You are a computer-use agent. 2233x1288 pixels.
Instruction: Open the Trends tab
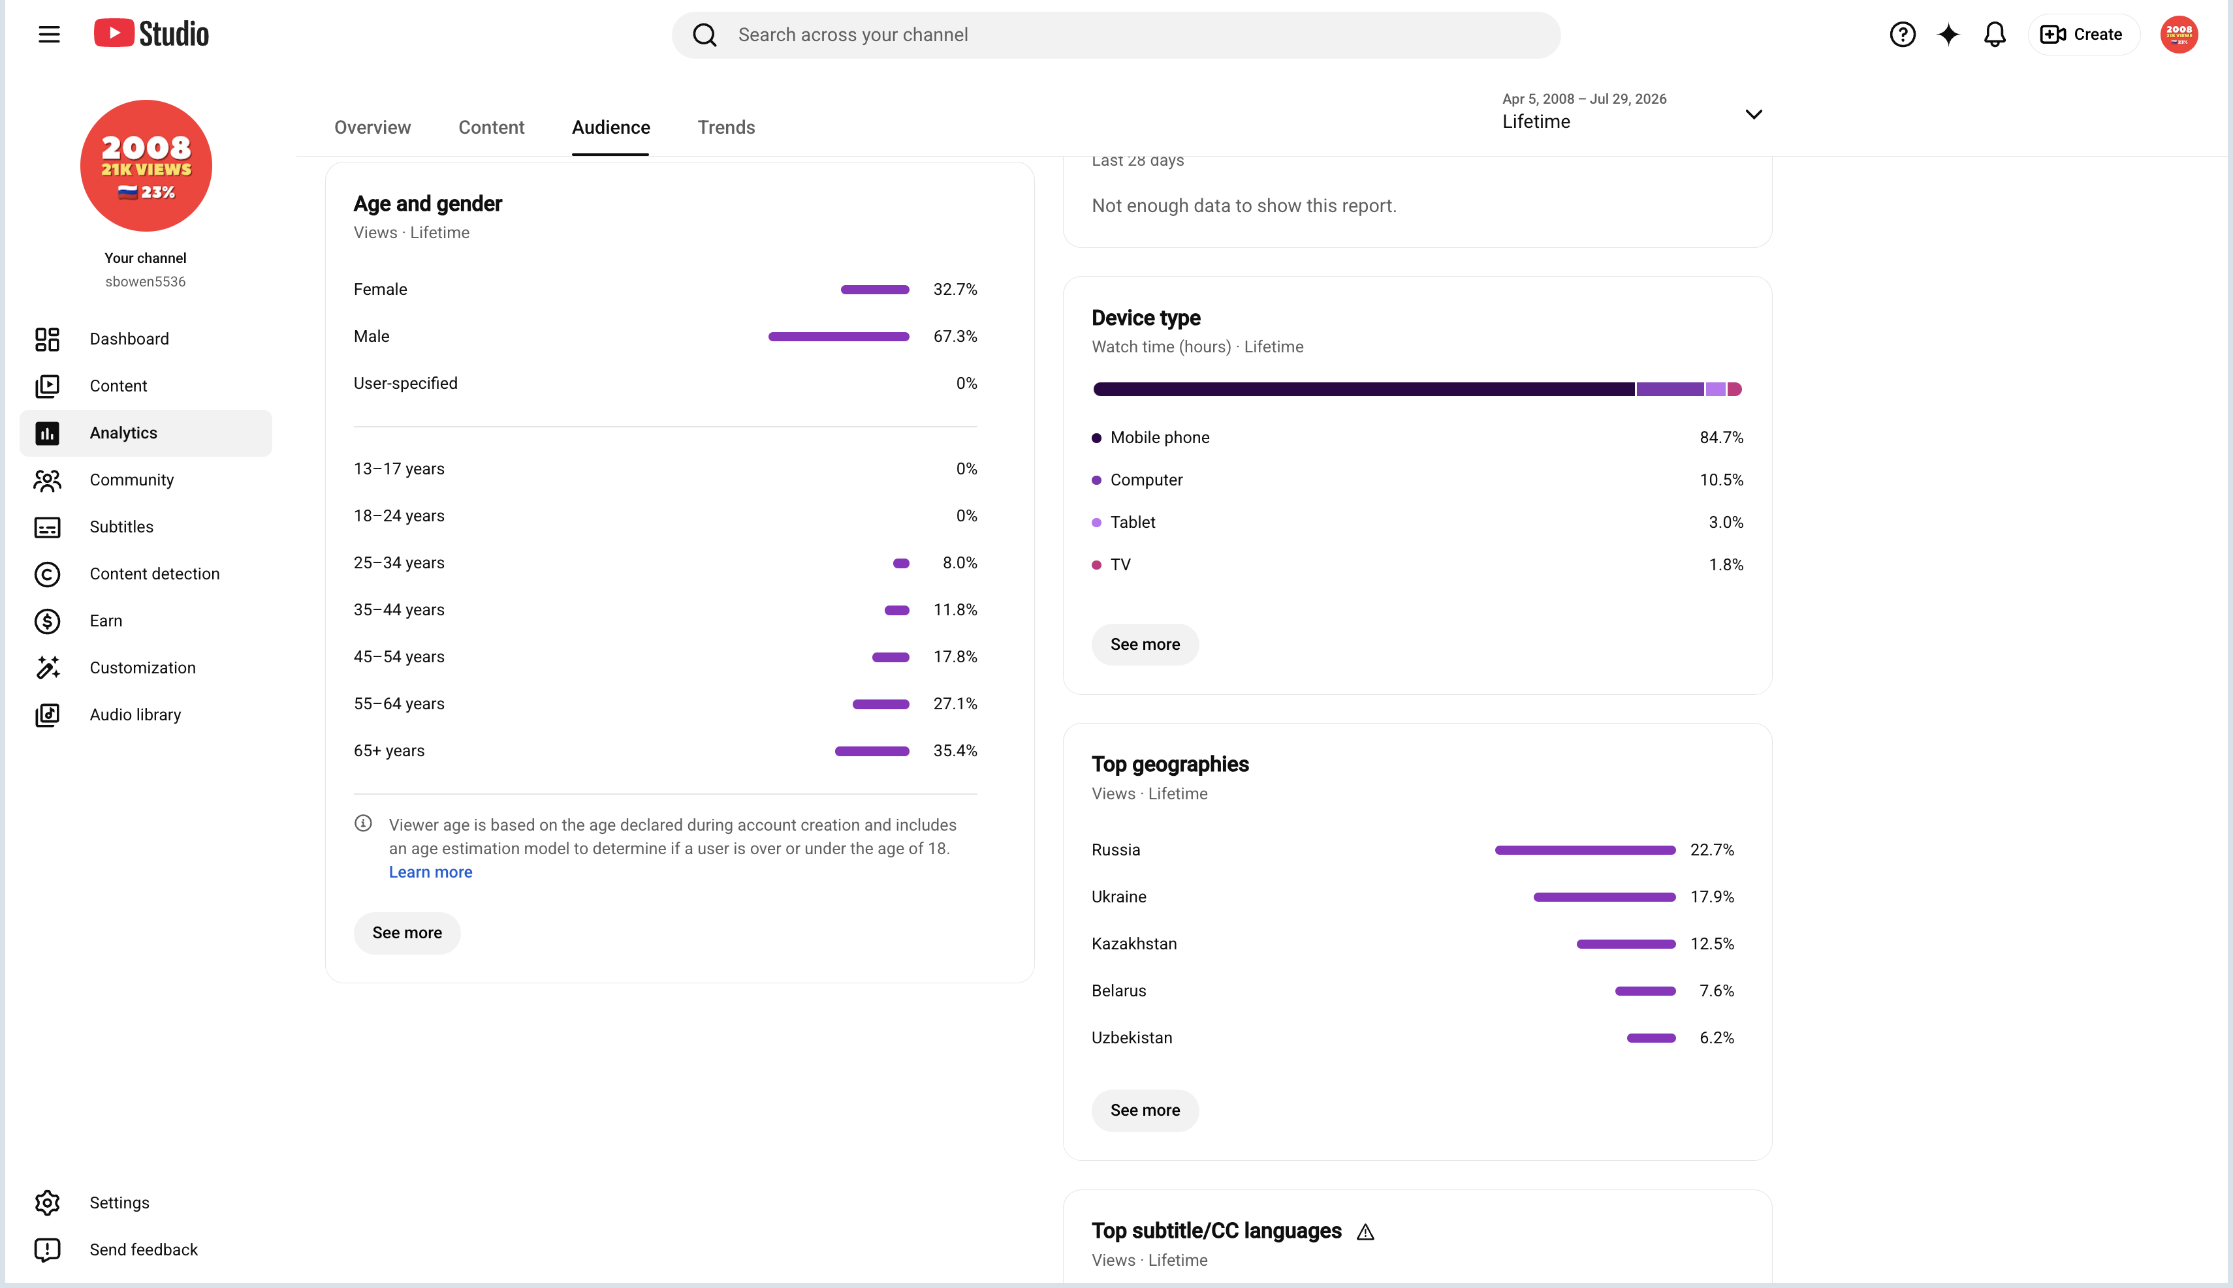coord(726,127)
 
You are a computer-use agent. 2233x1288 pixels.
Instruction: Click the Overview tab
coord(373,127)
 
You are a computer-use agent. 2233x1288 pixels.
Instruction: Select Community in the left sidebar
coord(132,480)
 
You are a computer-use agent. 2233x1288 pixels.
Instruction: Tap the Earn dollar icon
coord(48,621)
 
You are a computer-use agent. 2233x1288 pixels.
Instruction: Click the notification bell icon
coord(1994,35)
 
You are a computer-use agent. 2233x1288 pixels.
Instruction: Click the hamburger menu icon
coord(50,35)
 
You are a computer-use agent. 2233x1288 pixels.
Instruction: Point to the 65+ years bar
coord(872,751)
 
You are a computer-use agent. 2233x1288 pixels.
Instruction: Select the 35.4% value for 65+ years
coord(955,751)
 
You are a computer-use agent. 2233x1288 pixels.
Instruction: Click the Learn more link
coord(430,872)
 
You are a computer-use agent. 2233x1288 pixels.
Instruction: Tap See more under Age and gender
coord(407,933)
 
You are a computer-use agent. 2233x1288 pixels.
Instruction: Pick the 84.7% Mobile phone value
coord(1722,438)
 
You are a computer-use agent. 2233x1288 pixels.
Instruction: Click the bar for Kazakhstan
coord(1626,944)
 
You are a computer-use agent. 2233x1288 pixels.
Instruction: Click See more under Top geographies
coord(1145,1110)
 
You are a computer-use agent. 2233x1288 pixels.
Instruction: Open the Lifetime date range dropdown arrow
coord(1753,114)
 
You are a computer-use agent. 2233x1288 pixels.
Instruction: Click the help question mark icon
coord(1902,35)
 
